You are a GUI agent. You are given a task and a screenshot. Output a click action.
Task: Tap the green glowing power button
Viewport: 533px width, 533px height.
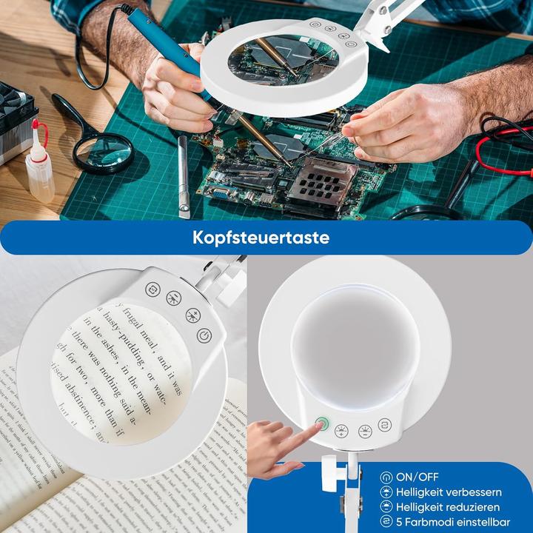(x=321, y=425)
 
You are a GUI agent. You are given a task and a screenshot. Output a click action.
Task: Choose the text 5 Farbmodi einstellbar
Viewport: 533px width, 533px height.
(x=454, y=522)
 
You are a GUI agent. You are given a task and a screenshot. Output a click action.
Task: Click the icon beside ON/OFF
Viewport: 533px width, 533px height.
(x=386, y=477)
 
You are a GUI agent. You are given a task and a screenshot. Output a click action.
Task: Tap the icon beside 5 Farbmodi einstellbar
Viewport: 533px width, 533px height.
(x=386, y=522)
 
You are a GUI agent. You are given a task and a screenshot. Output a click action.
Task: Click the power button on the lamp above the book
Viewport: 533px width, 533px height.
(x=204, y=335)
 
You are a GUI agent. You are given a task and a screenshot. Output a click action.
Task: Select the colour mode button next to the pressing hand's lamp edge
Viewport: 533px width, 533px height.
(x=383, y=425)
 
